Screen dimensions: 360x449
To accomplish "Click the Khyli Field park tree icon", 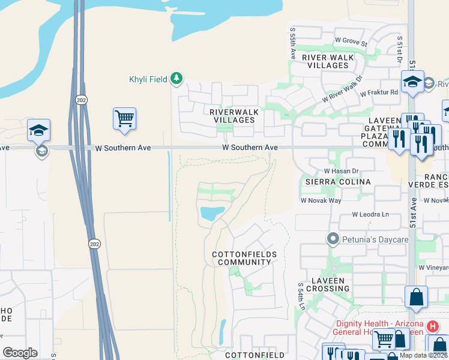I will tap(176, 78).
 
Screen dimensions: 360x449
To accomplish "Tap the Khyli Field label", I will tap(148, 79).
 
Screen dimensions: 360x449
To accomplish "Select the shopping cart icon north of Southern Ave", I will tap(124, 119).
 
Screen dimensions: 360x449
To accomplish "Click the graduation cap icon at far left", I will tap(38, 129).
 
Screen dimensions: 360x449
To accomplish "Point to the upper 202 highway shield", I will tap(81, 100).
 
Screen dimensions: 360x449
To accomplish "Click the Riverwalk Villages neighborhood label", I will tap(232, 116).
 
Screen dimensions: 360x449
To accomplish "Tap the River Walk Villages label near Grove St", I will tap(328, 61).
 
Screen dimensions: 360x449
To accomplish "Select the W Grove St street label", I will tap(351, 43).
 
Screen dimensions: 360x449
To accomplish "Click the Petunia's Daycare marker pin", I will tap(333, 239).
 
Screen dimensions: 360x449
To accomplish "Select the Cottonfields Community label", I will tap(244, 258).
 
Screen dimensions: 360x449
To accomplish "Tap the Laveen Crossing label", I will tap(327, 284).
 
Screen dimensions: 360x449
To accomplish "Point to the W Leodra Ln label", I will tap(370, 214).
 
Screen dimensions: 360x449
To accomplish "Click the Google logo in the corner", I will tap(20, 352).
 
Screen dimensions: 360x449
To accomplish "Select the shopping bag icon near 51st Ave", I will tap(416, 296).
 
